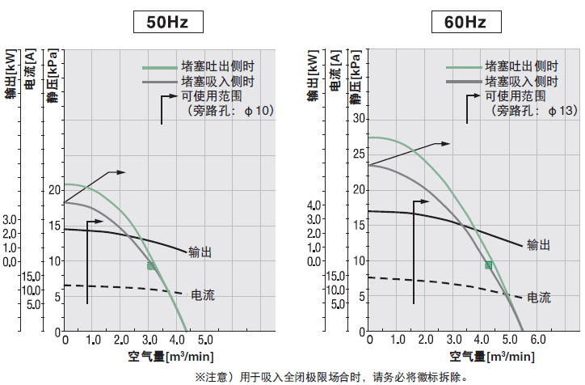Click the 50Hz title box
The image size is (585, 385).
[167, 22]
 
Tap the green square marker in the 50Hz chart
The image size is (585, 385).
[151, 265]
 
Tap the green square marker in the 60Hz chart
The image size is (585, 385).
[489, 265]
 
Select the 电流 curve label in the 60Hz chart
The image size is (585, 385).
[539, 298]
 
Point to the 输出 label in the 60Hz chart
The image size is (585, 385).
[538, 245]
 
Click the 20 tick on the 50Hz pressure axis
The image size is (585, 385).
[55, 189]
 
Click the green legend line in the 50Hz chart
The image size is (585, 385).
[159, 69]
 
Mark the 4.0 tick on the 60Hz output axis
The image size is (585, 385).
[317, 205]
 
